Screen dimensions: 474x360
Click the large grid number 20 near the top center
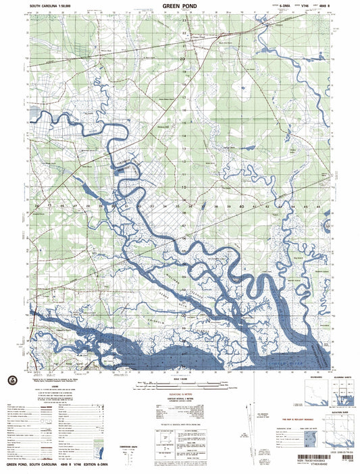(182, 60)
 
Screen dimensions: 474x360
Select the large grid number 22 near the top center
(184, 32)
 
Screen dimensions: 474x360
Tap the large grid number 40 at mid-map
(241, 206)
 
